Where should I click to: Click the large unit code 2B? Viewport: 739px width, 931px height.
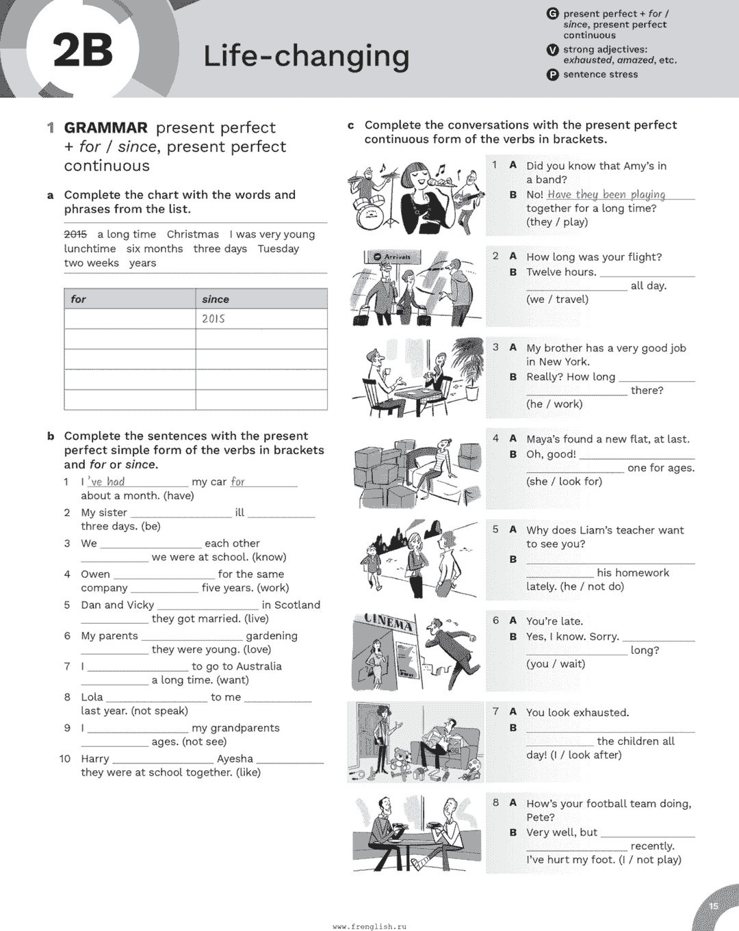coord(83,51)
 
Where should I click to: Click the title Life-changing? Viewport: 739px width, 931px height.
coord(306,56)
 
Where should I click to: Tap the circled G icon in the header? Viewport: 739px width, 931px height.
coord(553,14)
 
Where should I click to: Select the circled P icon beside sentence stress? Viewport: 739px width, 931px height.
coord(553,75)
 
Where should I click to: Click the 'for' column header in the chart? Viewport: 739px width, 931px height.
coord(79,299)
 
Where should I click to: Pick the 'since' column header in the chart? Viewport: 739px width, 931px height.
coord(216,299)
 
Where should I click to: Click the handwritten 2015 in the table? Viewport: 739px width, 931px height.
coord(213,319)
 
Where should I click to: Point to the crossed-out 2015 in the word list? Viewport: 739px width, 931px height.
coord(75,234)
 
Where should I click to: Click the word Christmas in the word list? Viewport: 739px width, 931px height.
coord(193,234)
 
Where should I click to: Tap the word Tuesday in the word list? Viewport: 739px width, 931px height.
coord(278,248)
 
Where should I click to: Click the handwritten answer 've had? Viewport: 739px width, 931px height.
coord(106,482)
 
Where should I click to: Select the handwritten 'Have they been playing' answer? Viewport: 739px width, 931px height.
coord(606,194)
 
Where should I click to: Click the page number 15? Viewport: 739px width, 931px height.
coord(714,906)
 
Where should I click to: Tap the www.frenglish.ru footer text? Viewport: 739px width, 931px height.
coord(369,926)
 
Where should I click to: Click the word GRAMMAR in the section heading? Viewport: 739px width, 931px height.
coord(106,128)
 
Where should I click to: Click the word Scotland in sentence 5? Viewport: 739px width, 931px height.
coord(298,605)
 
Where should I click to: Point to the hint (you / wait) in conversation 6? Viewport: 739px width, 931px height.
coord(556,664)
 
